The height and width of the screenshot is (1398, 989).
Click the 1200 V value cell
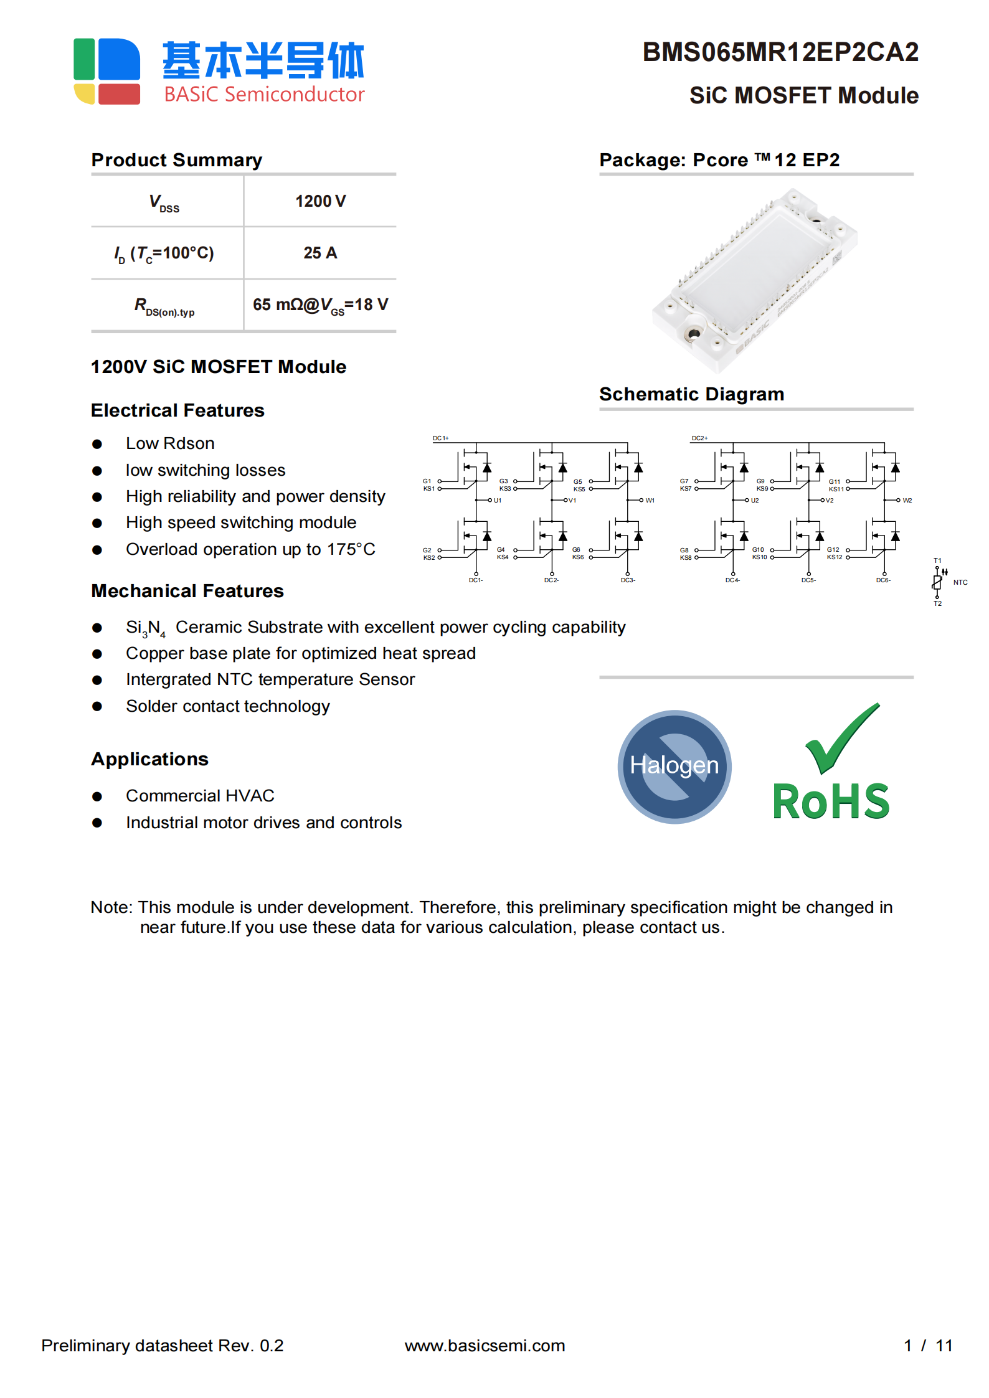320,201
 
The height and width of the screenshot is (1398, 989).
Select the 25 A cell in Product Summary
320,253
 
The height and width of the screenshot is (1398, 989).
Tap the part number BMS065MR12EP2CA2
780,52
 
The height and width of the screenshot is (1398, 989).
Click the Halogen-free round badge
674,766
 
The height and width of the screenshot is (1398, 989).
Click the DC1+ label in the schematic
440,438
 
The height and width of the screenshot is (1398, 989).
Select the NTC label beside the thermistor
960,582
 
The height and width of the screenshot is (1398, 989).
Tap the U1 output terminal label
498,501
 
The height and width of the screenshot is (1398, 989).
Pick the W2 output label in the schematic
907,501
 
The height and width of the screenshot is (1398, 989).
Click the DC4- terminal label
732,580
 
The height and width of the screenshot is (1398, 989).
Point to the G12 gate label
833,550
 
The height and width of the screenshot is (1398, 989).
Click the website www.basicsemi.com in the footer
485,1345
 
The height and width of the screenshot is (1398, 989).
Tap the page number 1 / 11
927,1345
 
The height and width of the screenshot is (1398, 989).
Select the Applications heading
149,759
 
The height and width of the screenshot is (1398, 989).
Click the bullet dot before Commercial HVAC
97,796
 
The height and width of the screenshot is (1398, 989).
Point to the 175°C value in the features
351,549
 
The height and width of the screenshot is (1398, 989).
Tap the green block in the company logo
84,59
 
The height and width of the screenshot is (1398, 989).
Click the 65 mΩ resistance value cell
320,305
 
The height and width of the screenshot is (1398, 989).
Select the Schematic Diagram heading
691,394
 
